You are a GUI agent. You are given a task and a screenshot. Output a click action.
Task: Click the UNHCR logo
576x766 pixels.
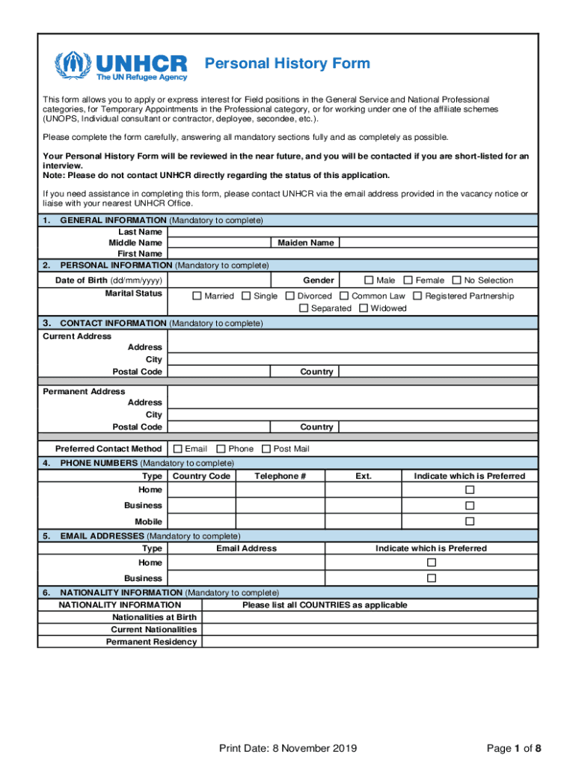click(120, 65)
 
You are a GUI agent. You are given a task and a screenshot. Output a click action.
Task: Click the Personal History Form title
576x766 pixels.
click(287, 63)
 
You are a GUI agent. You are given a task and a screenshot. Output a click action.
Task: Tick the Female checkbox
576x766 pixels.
click(408, 281)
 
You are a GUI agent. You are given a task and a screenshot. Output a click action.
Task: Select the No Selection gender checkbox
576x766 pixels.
click(456, 281)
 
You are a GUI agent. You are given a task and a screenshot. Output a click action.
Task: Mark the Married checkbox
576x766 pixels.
click(197, 296)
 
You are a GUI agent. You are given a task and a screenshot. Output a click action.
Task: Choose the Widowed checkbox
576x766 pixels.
click(364, 308)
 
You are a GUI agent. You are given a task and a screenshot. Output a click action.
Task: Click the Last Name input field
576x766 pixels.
click(352, 232)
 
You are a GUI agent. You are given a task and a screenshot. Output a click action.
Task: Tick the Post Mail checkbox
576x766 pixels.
click(266, 449)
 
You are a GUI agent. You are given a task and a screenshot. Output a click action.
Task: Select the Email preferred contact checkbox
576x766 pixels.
click(177, 449)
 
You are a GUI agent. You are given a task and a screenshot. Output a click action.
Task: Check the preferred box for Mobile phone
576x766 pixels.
click(470, 521)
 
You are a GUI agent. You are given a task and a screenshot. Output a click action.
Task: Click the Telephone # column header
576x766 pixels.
click(281, 477)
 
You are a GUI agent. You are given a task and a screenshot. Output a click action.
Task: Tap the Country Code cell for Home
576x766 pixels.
click(201, 490)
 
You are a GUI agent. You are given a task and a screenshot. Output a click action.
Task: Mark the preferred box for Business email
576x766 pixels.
click(431, 578)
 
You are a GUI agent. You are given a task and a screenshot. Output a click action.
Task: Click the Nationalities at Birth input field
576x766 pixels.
click(370, 618)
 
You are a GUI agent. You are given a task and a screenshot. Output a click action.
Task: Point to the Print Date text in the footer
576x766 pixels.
click(288, 749)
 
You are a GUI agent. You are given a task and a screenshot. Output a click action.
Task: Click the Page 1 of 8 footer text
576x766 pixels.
click(513, 749)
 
